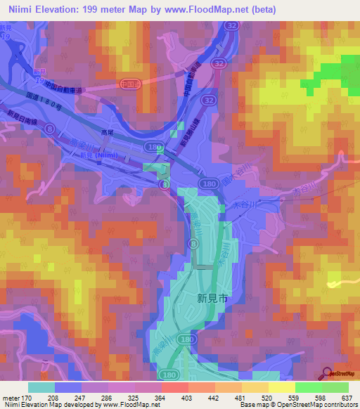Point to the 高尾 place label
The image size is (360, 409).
point(107,131)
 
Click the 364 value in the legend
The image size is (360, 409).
point(160,397)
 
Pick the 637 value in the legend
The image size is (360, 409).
point(347,397)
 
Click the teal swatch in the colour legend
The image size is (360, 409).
point(41,387)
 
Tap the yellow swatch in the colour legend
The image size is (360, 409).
point(281,387)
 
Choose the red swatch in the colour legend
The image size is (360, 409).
point(174,387)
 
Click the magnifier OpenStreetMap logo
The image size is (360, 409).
point(327,374)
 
